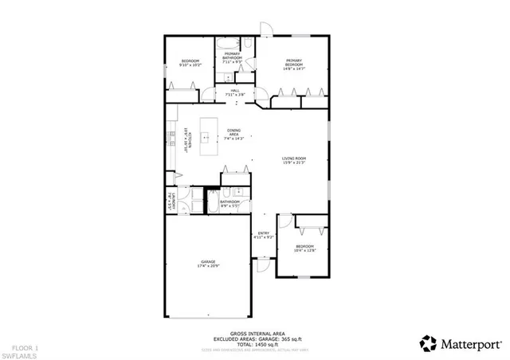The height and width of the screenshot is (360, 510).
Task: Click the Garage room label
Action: click(209, 261)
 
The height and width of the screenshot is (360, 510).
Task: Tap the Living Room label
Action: click(293, 158)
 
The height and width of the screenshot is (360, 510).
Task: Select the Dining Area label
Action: click(233, 132)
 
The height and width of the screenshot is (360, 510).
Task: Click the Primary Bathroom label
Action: click(233, 55)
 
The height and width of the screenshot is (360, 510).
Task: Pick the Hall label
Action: click(235, 91)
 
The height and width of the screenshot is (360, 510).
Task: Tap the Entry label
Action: click(263, 233)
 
